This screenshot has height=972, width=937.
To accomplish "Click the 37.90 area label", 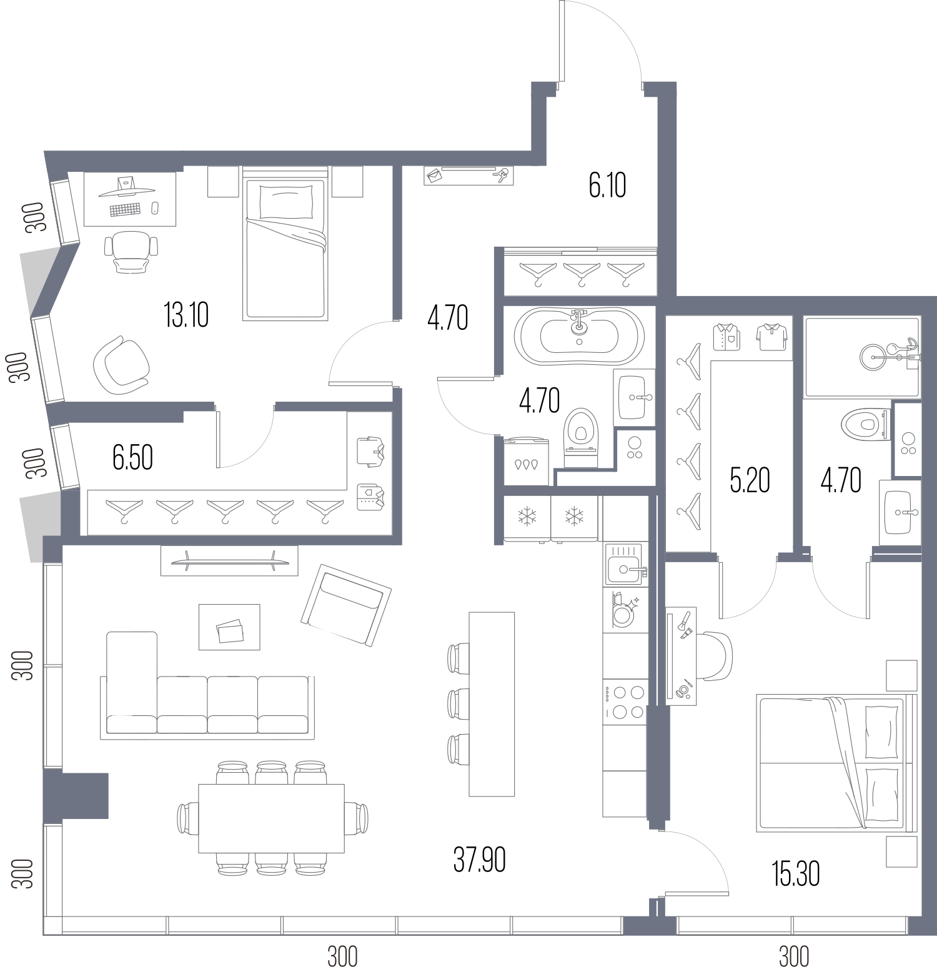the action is pyautogui.click(x=479, y=860).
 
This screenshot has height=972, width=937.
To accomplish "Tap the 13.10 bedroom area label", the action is pyautogui.click(x=186, y=315).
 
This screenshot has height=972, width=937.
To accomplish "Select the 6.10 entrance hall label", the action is pyautogui.click(x=607, y=185).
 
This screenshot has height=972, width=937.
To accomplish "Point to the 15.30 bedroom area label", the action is pyautogui.click(x=796, y=874).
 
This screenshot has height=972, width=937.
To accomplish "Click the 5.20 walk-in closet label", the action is pyautogui.click(x=750, y=480).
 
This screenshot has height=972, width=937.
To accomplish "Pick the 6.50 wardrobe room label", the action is pyautogui.click(x=132, y=457).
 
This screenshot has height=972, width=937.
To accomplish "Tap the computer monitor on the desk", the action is pyautogui.click(x=127, y=186).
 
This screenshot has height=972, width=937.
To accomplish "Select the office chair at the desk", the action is pyautogui.click(x=131, y=251).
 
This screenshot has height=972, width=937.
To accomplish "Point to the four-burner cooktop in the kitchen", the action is pyautogui.click(x=625, y=702).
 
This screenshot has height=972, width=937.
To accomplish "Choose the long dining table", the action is pyautogui.click(x=272, y=818).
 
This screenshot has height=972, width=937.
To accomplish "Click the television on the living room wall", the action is pyautogui.click(x=229, y=560).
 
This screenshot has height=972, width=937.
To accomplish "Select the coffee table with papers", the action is pyautogui.click(x=229, y=627).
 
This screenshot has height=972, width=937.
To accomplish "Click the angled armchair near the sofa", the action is pyautogui.click(x=346, y=605).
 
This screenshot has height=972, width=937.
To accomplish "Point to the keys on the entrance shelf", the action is pyautogui.click(x=500, y=176).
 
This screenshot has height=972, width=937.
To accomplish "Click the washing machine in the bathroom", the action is pyautogui.click(x=527, y=461).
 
